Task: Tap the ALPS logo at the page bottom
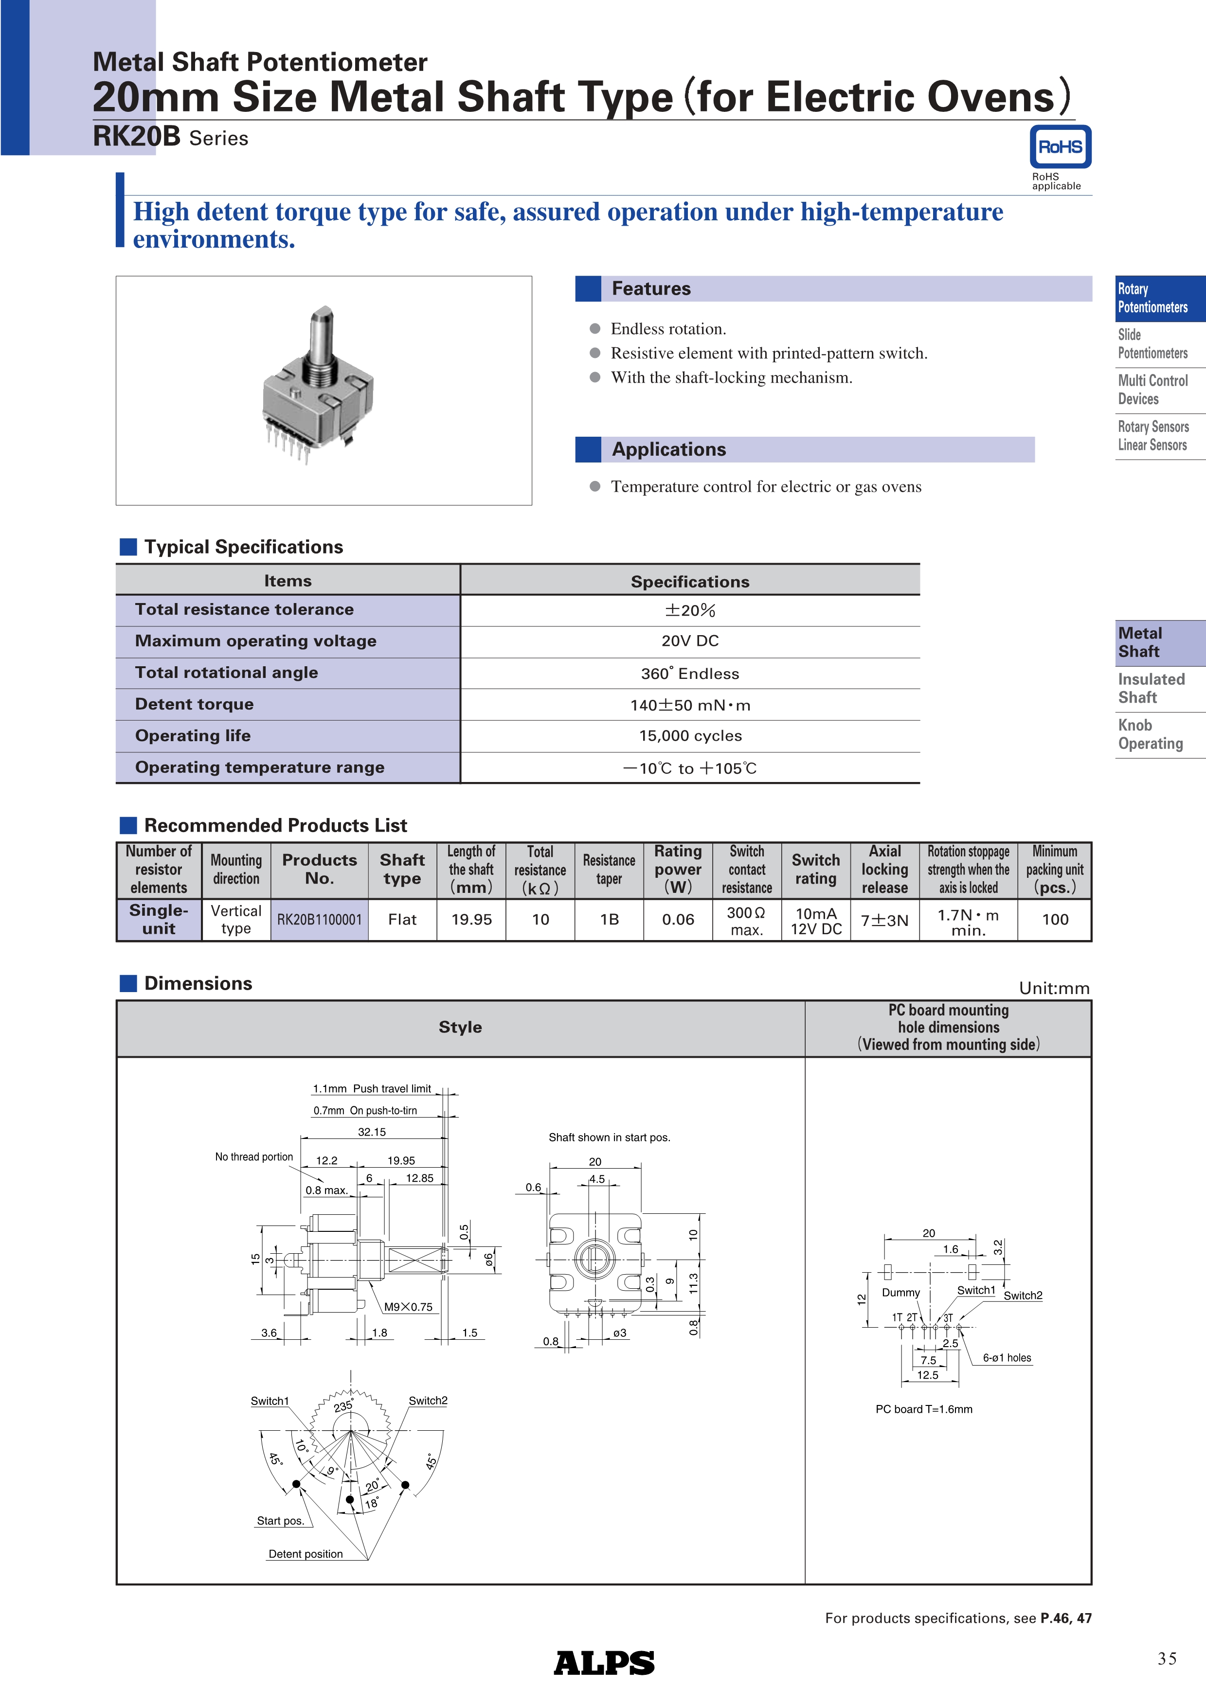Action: tap(604, 1662)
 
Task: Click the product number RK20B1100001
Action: tap(320, 920)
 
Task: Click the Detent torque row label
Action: tap(194, 704)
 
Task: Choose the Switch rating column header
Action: tap(815, 870)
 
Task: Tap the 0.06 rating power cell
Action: tap(678, 920)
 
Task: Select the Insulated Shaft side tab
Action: tap(1151, 688)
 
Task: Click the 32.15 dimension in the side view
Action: tap(372, 1132)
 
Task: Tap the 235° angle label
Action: tap(343, 1406)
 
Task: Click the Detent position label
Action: tap(306, 1554)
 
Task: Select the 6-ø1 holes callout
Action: tap(1007, 1357)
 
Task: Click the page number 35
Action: tap(1167, 1658)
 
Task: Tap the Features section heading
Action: tap(651, 288)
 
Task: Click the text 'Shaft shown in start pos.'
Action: tap(609, 1137)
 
